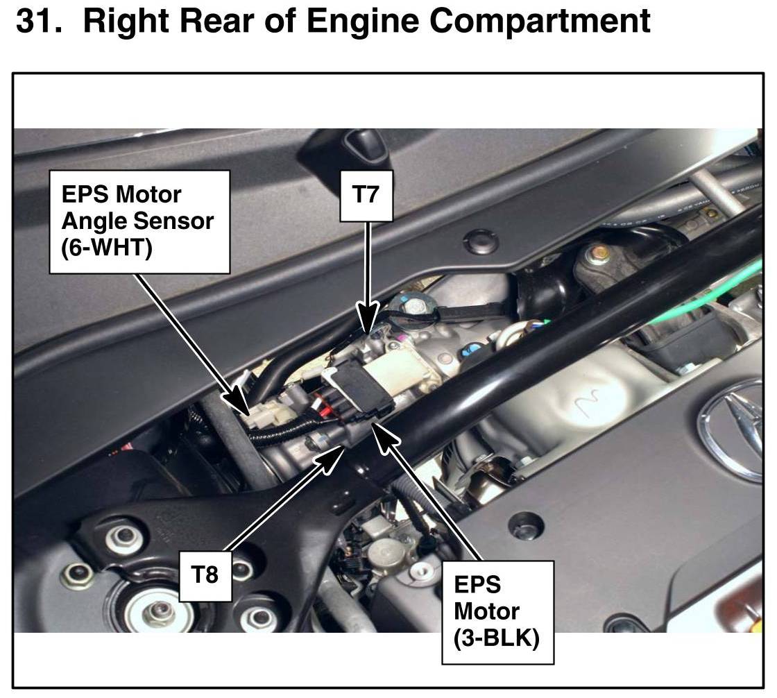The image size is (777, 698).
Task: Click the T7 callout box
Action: (x=366, y=196)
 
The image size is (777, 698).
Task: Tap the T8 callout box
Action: (x=205, y=576)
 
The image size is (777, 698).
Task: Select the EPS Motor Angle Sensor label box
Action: (x=139, y=221)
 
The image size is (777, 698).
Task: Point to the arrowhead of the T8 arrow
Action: (x=338, y=453)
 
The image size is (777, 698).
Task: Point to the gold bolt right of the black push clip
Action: (x=595, y=256)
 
